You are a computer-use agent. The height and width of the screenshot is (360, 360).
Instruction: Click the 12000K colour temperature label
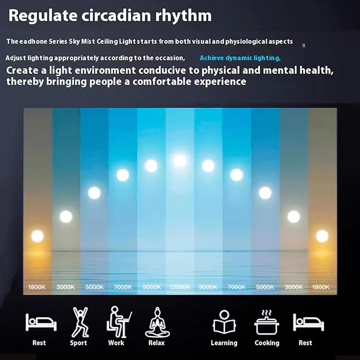pos(180,287)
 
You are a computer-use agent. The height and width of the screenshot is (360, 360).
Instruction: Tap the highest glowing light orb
pos(180,161)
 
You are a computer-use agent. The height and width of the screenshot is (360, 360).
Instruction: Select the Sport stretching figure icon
pos(80,322)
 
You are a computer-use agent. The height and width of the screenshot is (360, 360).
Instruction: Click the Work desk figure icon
pos(119,322)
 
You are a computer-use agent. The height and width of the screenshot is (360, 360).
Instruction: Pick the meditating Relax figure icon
pos(157,322)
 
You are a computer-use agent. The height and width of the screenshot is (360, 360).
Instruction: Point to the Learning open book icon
pos(224,322)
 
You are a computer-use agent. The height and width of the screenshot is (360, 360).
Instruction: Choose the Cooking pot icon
pos(267,322)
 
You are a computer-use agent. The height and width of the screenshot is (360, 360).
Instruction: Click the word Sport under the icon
pos(78,343)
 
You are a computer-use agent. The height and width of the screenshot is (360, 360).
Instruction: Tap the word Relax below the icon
pos(156,343)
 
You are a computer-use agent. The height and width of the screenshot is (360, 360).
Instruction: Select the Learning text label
pos(224,343)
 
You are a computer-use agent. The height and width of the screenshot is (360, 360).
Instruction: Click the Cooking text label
pos(267,343)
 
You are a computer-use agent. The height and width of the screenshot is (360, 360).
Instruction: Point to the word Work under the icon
pos(116,343)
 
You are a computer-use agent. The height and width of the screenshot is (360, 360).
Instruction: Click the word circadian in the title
pos(116,15)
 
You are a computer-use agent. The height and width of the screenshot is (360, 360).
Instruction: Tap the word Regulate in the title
pos(43,16)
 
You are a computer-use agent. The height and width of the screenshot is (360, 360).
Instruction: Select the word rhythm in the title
pos(183,16)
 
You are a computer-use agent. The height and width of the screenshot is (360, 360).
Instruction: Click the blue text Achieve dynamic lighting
pos(240,58)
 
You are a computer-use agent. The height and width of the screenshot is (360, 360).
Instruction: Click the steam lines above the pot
pos(267,313)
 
